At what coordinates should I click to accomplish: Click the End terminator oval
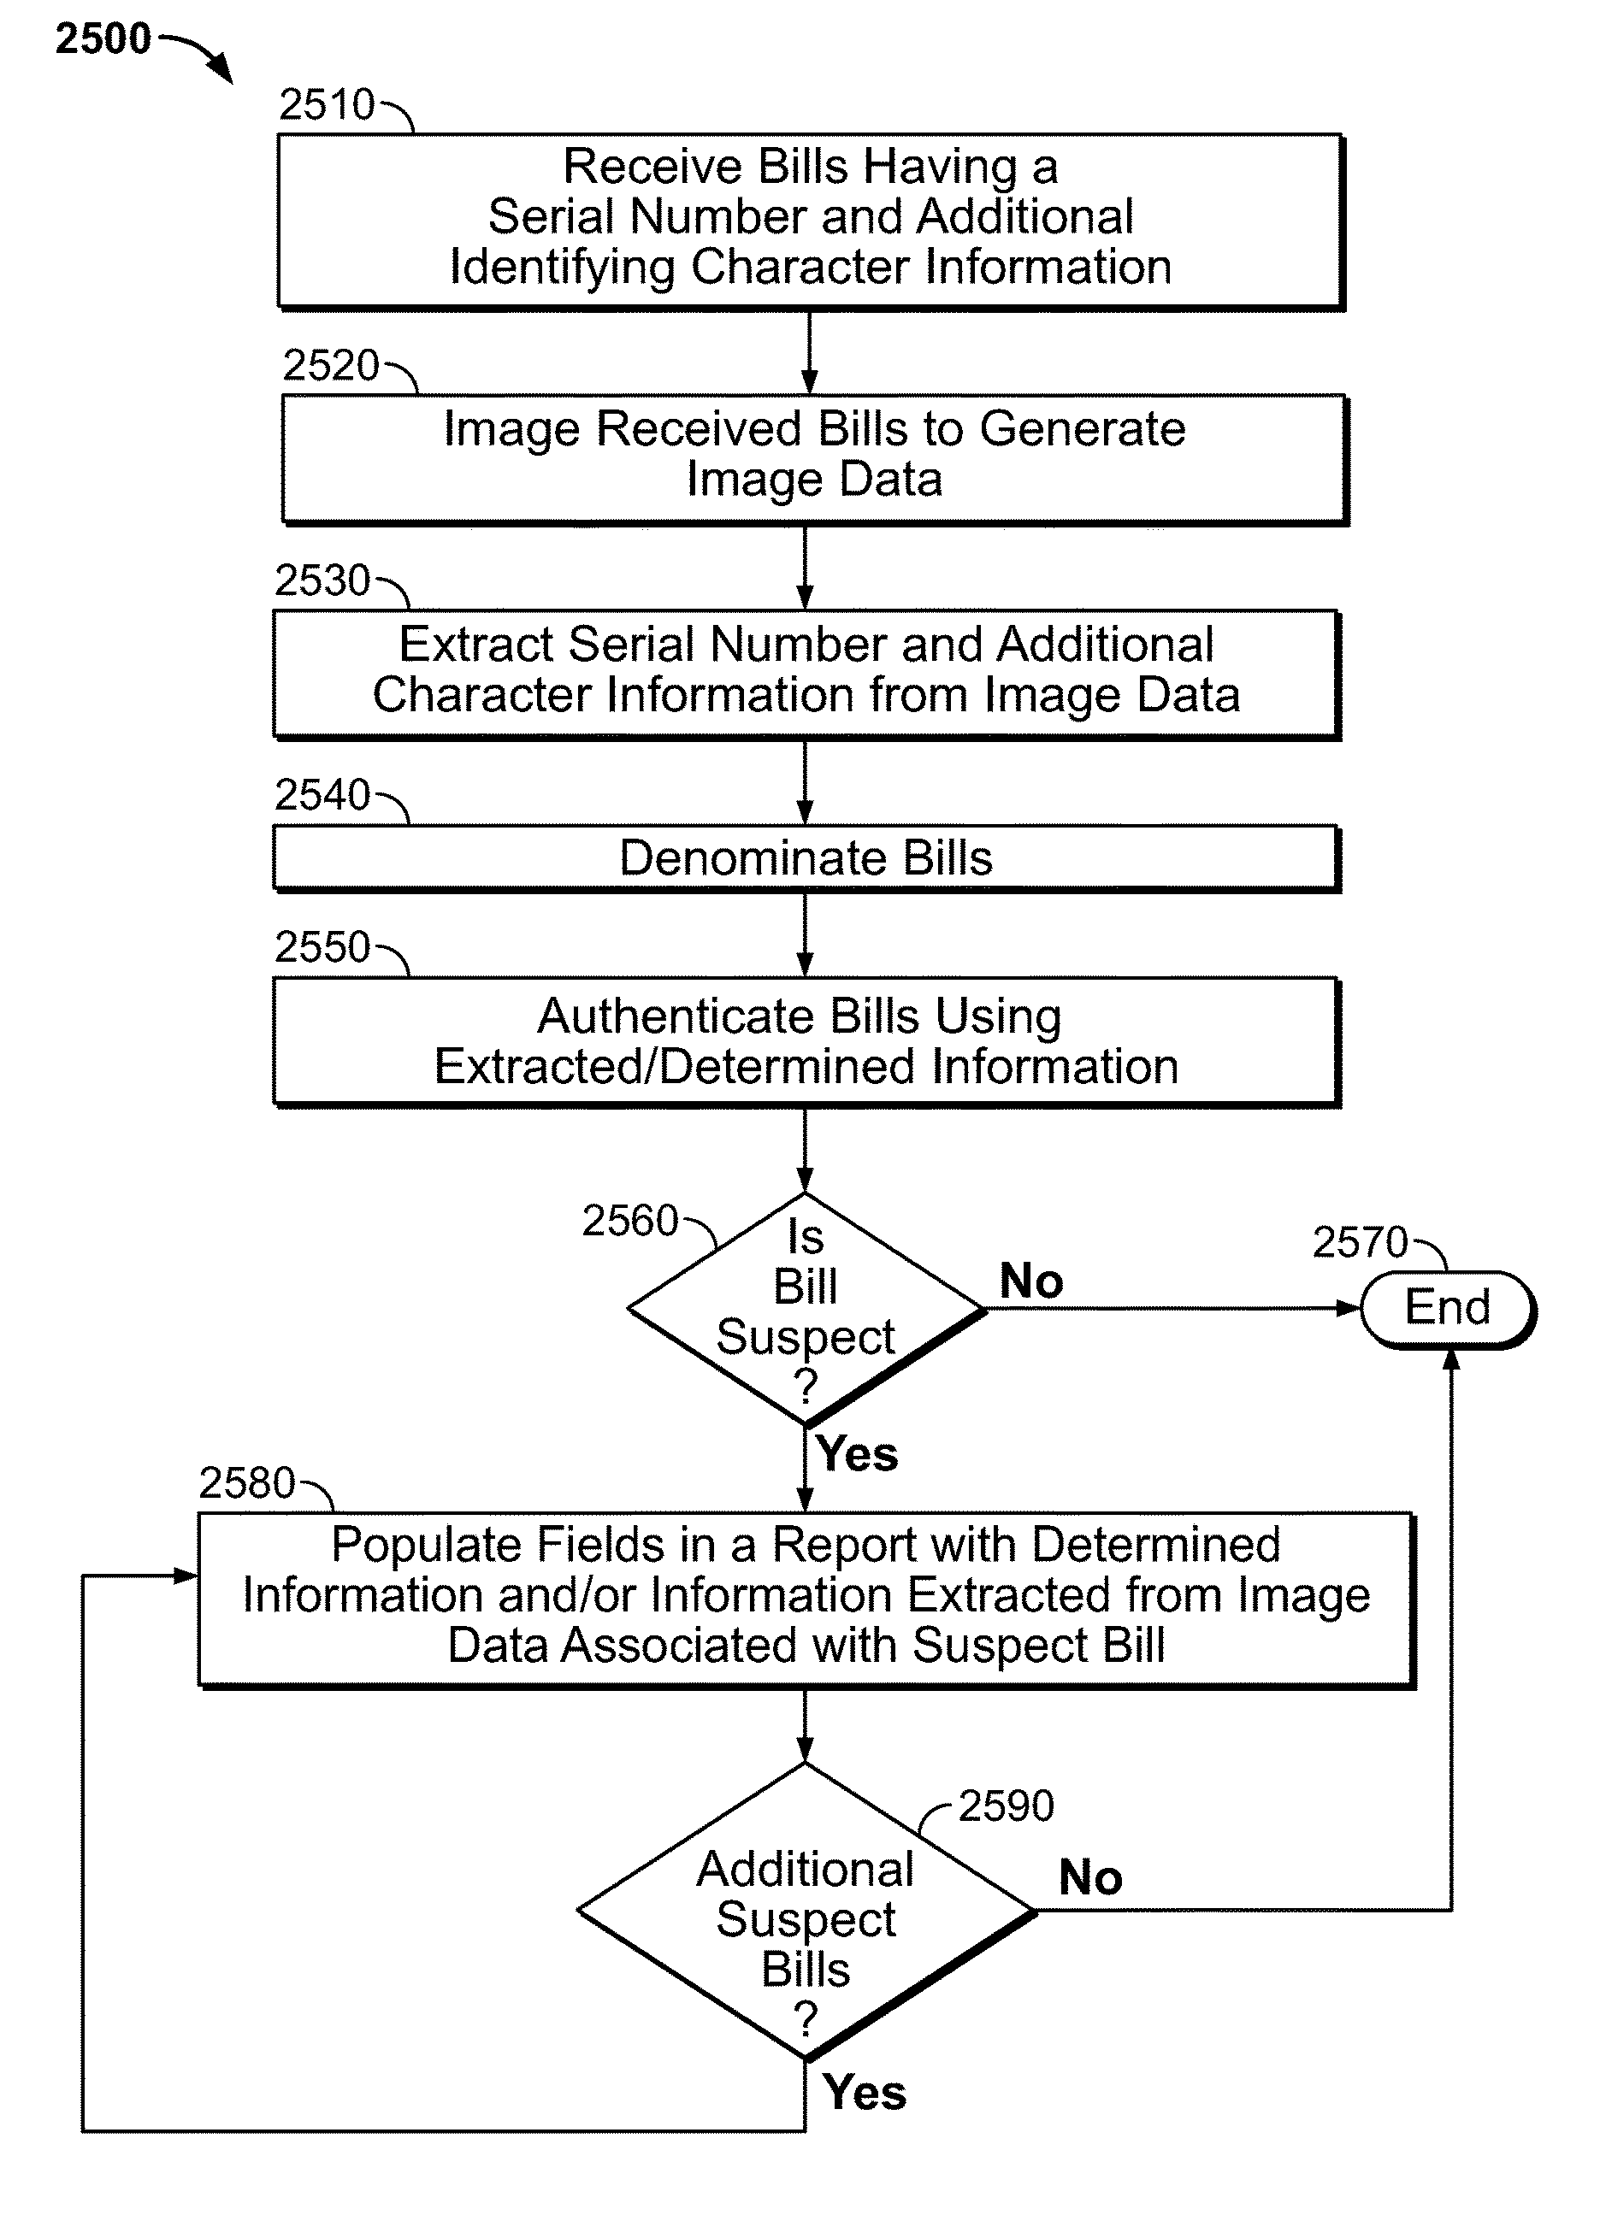[1448, 1309]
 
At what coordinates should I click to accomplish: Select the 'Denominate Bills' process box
[806, 858]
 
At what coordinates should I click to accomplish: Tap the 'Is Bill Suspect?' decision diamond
[806, 1309]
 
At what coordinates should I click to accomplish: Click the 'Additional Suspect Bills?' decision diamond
[806, 1912]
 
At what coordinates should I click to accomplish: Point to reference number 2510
[327, 104]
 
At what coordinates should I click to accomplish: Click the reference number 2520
[330, 365]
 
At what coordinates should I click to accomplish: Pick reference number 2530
[322, 580]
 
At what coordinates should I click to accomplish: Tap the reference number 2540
[322, 795]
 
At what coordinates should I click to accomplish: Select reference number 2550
[322, 946]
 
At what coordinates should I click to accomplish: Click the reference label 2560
[630, 1221]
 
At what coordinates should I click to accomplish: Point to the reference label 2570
[1360, 1242]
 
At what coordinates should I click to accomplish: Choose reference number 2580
[246, 1482]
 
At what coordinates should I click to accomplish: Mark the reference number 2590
[1007, 1806]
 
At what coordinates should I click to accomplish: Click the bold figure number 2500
[103, 39]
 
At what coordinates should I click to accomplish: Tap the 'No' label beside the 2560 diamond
[1031, 1281]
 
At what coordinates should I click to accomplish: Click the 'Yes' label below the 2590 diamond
[865, 2092]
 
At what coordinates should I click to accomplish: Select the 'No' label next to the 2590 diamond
[1091, 1877]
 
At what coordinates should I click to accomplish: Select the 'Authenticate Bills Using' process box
[806, 1042]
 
